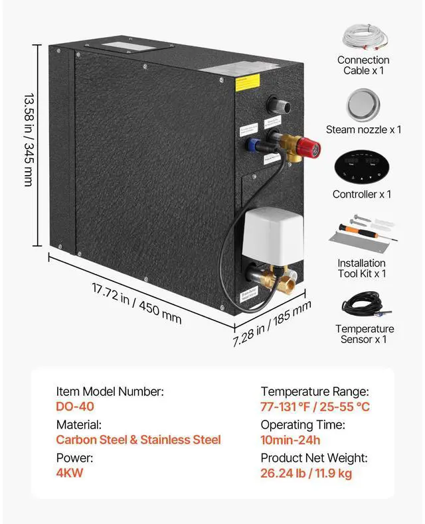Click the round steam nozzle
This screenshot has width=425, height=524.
coord(363,105)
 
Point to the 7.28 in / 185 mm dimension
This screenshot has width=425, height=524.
coord(272,324)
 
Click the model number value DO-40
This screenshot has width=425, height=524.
coord(75,408)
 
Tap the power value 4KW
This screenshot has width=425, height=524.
coord(70,474)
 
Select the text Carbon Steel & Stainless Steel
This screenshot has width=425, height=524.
coord(138,440)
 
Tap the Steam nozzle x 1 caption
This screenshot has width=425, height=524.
coord(363,130)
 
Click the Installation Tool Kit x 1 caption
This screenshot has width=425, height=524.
coord(362,268)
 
